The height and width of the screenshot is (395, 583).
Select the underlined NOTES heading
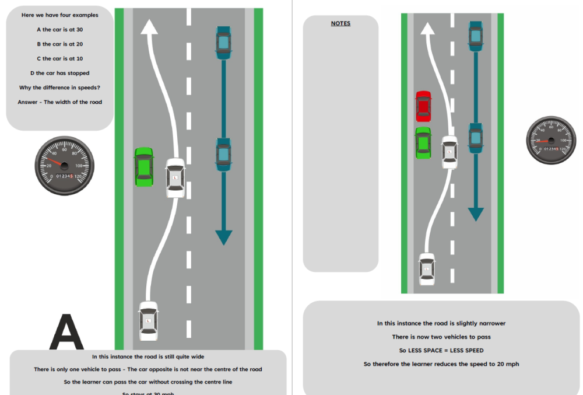pyautogui.click(x=340, y=24)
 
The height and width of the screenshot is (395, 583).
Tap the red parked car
pyautogui.click(x=423, y=106)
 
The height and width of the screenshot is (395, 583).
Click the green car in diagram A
pyautogui.click(x=143, y=167)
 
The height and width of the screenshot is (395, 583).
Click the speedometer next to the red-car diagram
pyautogui.click(x=551, y=141)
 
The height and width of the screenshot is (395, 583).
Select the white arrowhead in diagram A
pyautogui.click(x=150, y=27)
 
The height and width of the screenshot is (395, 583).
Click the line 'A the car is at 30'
pyautogui.click(x=59, y=29)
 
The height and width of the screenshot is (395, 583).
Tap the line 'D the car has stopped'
pyautogui.click(x=59, y=73)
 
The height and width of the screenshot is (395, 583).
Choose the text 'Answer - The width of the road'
pyautogui.click(x=59, y=102)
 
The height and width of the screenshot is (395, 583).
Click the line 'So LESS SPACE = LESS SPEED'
pyautogui.click(x=441, y=351)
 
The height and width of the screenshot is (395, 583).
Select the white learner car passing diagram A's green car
pyautogui.click(x=175, y=178)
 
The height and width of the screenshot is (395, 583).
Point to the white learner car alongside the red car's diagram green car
pyautogui.click(x=449, y=152)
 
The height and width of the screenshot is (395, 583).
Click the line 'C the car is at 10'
pyautogui.click(x=59, y=58)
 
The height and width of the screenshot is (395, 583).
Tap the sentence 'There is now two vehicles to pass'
pyautogui.click(x=441, y=337)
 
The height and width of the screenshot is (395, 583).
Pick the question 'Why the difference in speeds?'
pyautogui.click(x=59, y=88)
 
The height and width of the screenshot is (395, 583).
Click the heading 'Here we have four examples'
pyautogui.click(x=59, y=15)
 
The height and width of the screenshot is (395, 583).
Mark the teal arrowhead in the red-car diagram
pyautogui.click(x=476, y=214)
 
